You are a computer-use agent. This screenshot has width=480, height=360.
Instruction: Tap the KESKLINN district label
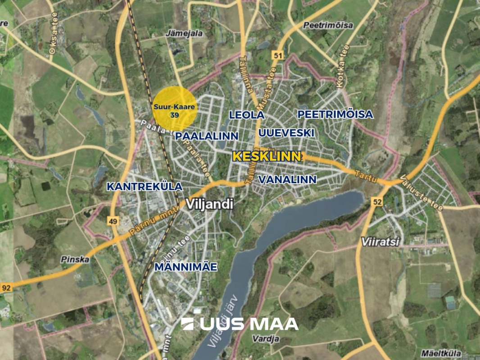(x=267, y=157)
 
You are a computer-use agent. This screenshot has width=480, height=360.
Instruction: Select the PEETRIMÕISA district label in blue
(x=335, y=114)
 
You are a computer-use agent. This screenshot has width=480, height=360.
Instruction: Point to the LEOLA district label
(x=246, y=115)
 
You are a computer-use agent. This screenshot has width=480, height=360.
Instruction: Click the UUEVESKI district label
(x=286, y=133)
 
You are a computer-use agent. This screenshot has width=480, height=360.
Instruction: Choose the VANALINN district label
(x=287, y=180)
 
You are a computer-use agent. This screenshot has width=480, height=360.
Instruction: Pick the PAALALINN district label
(x=207, y=136)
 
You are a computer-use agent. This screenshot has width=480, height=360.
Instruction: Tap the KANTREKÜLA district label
(x=145, y=186)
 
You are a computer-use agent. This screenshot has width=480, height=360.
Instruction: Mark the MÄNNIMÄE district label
(x=186, y=267)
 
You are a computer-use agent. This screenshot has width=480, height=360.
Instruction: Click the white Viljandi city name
(x=211, y=204)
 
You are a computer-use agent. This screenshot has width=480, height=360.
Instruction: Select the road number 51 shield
(x=277, y=55)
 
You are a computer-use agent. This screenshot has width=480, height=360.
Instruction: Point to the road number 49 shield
(x=113, y=220)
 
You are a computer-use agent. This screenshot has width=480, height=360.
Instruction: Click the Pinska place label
(x=74, y=260)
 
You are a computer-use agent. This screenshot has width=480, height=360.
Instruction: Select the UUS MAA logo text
(x=240, y=324)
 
